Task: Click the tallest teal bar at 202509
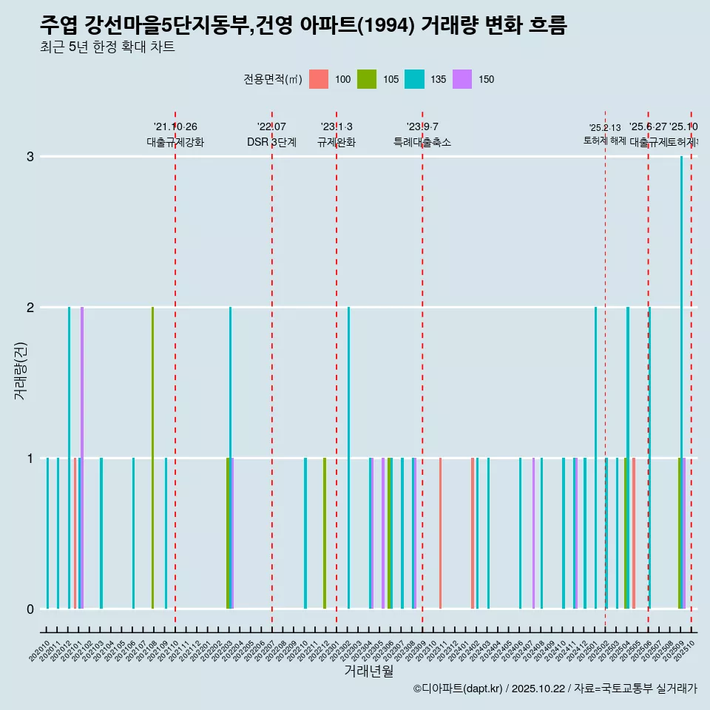pos(682,370)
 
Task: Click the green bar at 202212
pos(325,533)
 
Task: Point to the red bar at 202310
pos(441,533)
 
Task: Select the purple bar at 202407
pos(533,533)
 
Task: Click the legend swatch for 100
pos(319,79)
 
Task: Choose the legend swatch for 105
pos(367,79)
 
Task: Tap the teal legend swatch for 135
pos(414,79)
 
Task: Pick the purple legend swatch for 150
pos(462,79)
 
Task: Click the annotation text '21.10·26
pos(175,127)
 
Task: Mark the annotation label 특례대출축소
pos(422,142)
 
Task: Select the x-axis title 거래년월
pos(368,672)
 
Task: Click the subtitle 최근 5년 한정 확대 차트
pos(107,48)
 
